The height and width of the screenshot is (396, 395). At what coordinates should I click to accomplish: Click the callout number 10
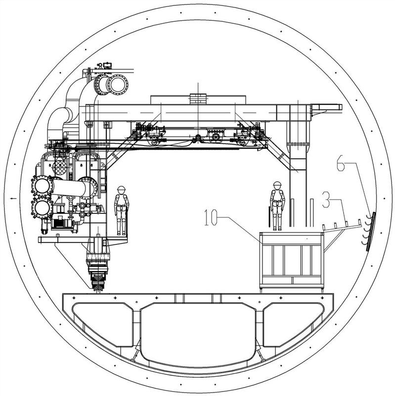[211, 217]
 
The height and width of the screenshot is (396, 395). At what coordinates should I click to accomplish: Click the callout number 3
[326, 199]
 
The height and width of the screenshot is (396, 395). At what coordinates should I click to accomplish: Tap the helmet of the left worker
[121, 189]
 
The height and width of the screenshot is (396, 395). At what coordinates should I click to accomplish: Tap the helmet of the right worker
[277, 184]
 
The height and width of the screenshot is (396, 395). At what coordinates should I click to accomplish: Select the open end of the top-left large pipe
[118, 85]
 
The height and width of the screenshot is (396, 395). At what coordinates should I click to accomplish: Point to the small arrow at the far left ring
[13, 198]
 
